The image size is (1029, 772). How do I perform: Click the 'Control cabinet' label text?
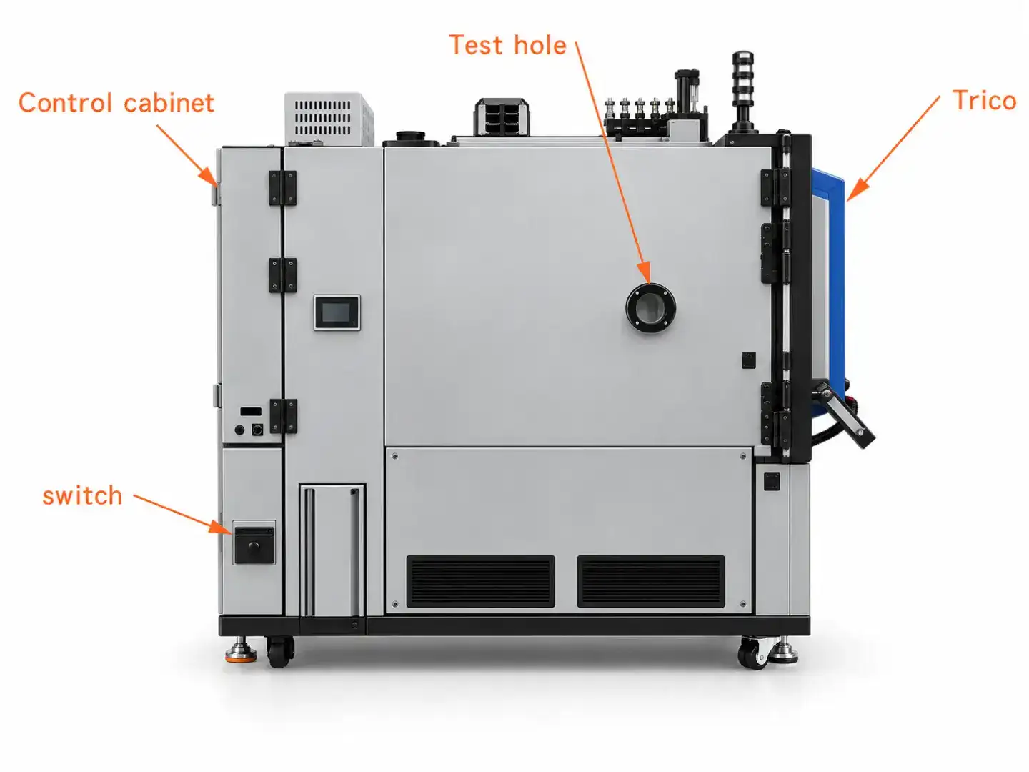116,103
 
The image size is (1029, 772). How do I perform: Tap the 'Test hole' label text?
508,45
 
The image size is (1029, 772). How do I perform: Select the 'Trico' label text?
984,100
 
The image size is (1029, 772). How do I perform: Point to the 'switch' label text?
82,495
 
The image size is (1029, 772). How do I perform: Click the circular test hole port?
650,308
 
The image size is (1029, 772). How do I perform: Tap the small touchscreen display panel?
337,312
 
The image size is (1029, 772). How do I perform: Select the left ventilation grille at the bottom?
480,581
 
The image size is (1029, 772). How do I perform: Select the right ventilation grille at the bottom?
651,581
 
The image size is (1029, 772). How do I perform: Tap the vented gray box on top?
329,118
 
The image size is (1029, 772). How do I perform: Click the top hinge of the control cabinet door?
283,187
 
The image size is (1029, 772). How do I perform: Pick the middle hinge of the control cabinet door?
283,275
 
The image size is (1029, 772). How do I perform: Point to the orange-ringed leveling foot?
241,651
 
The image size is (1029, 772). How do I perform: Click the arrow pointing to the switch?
182,514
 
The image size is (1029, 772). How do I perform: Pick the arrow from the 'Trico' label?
893,148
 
